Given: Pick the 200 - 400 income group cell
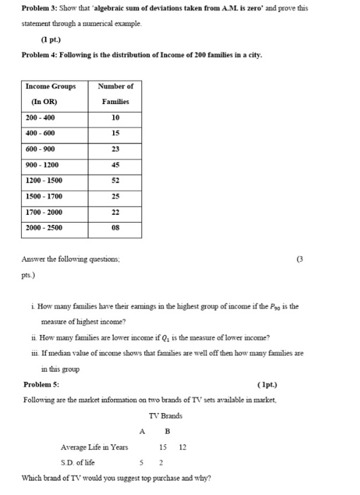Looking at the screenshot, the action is [x=40, y=117].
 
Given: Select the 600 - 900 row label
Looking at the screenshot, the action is [x=40, y=149].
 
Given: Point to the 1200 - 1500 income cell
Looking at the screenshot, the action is [x=43, y=181].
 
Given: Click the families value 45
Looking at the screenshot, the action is [x=115, y=165].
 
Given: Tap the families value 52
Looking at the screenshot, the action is [x=115, y=181].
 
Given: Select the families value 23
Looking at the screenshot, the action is [x=115, y=149].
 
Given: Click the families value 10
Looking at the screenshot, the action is [x=115, y=117].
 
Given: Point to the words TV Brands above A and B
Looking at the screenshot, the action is [x=166, y=416].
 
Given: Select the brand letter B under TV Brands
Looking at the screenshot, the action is [x=168, y=431].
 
